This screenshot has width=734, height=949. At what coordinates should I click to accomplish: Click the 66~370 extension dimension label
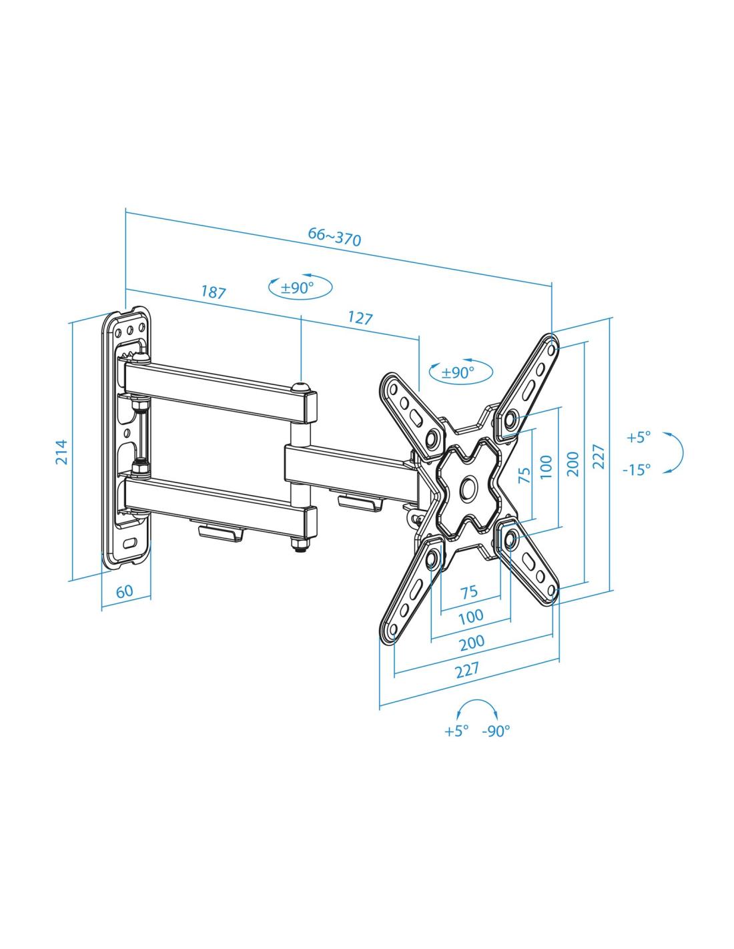point(334,236)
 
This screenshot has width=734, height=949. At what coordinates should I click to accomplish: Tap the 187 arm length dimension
point(213,292)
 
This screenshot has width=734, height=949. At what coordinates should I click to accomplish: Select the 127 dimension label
point(360,318)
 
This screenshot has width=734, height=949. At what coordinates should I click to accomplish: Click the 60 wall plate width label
point(124,591)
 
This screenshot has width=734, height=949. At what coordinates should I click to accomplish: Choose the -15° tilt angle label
point(636,469)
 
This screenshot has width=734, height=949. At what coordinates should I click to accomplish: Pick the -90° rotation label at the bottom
point(496,731)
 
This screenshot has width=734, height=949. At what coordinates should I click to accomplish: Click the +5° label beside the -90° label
point(456,731)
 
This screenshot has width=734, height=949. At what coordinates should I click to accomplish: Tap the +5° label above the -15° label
point(639,436)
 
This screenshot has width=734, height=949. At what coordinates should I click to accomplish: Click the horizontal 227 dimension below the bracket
point(468,669)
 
